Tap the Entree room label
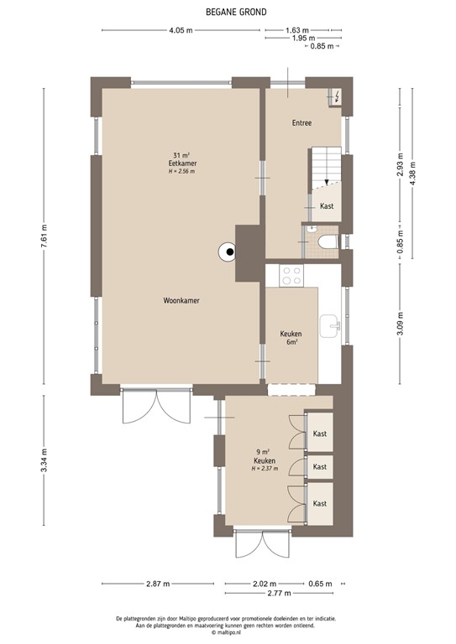(301, 123)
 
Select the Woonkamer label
(181, 299)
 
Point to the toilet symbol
(328, 242)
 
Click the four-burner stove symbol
(292, 274)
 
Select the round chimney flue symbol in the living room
(227, 251)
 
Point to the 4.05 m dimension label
(181, 30)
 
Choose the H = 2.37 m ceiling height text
(265, 469)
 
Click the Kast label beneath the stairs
(327, 206)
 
